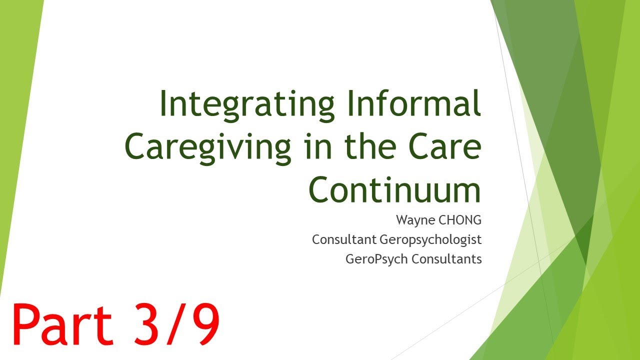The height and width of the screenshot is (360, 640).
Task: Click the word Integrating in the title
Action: click(246, 104)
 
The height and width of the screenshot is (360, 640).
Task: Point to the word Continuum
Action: click(394, 190)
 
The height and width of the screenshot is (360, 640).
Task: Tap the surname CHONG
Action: click(463, 220)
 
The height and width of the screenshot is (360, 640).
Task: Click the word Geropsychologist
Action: click(430, 240)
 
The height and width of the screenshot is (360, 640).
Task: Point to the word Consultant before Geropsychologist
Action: click(344, 239)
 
